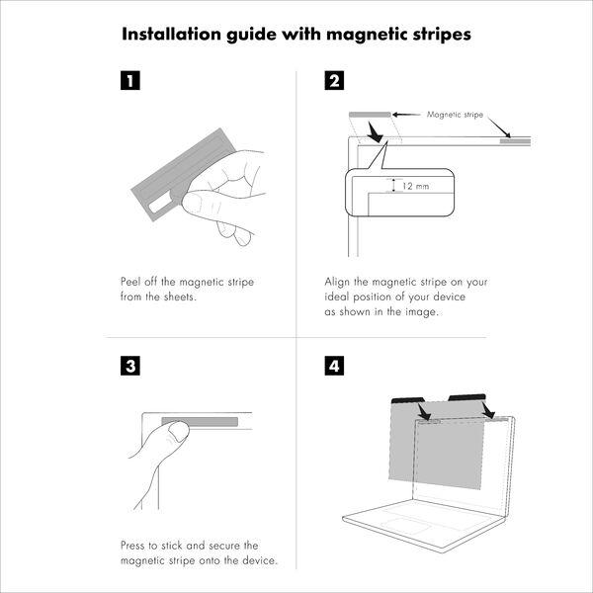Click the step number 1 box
(130, 81)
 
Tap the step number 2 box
(334, 81)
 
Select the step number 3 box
(130, 366)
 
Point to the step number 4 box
(334, 366)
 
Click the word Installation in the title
(172, 34)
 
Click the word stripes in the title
(442, 35)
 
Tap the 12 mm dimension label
(416, 186)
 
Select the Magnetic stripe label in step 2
(455, 115)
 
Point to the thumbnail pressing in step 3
(179, 432)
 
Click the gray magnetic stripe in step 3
(200, 422)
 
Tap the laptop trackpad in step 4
(404, 526)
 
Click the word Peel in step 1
(130, 282)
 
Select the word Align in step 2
(337, 282)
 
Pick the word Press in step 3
(132, 546)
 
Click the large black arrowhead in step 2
(376, 132)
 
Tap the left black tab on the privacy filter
(407, 399)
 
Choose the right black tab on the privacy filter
(467, 396)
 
